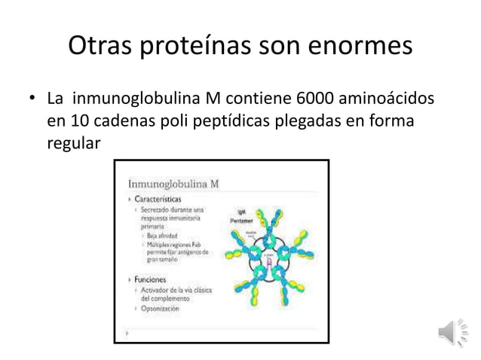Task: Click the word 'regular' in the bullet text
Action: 72,144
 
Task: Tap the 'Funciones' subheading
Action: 151,279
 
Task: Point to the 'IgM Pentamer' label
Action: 240,215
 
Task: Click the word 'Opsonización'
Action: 159,308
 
